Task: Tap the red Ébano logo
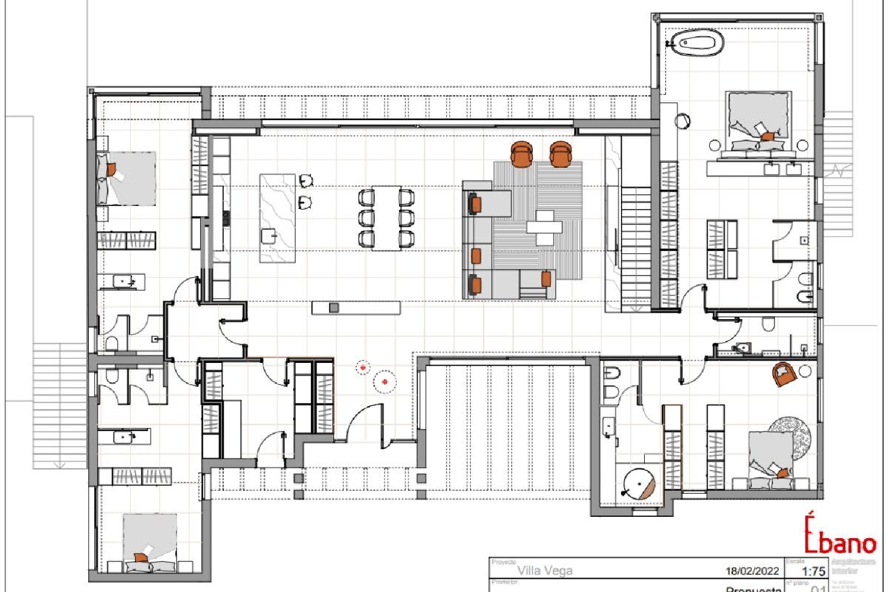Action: (839, 535)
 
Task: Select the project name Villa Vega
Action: (545, 571)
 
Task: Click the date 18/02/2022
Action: (752, 571)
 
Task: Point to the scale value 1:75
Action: (813, 571)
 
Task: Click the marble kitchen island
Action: (278, 218)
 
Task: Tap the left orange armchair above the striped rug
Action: (522, 154)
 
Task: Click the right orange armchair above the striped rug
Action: (560, 154)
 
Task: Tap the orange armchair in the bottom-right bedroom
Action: (784, 375)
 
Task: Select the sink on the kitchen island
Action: (270, 236)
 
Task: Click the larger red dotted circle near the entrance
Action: (385, 382)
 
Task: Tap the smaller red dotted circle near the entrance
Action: (363, 368)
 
